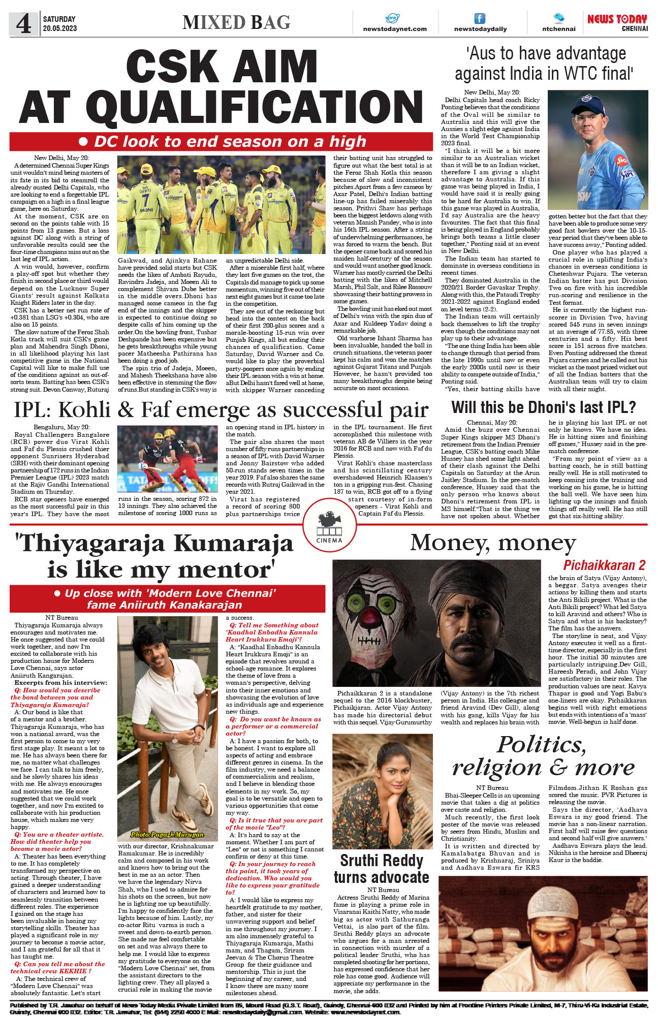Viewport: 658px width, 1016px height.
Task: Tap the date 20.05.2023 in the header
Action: pyautogui.click(x=60, y=28)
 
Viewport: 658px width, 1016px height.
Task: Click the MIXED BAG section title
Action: pyautogui.click(x=236, y=23)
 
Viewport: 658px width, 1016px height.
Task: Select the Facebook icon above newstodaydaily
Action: pyautogui.click(x=480, y=19)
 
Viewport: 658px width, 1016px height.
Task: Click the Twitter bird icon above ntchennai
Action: pyautogui.click(x=558, y=18)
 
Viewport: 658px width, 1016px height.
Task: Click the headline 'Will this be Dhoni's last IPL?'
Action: pyautogui.click(x=543, y=407)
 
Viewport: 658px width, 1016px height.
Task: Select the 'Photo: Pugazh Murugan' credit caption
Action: pyautogui.click(x=167, y=834)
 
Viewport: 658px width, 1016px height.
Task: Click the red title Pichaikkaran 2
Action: pyautogui.click(x=604, y=565)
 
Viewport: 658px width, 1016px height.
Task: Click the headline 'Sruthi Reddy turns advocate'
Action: pyautogui.click(x=381, y=869)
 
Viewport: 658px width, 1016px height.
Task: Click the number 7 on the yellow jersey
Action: pyautogui.click(x=145, y=196)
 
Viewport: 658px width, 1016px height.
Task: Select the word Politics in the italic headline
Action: pyautogui.click(x=541, y=745)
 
